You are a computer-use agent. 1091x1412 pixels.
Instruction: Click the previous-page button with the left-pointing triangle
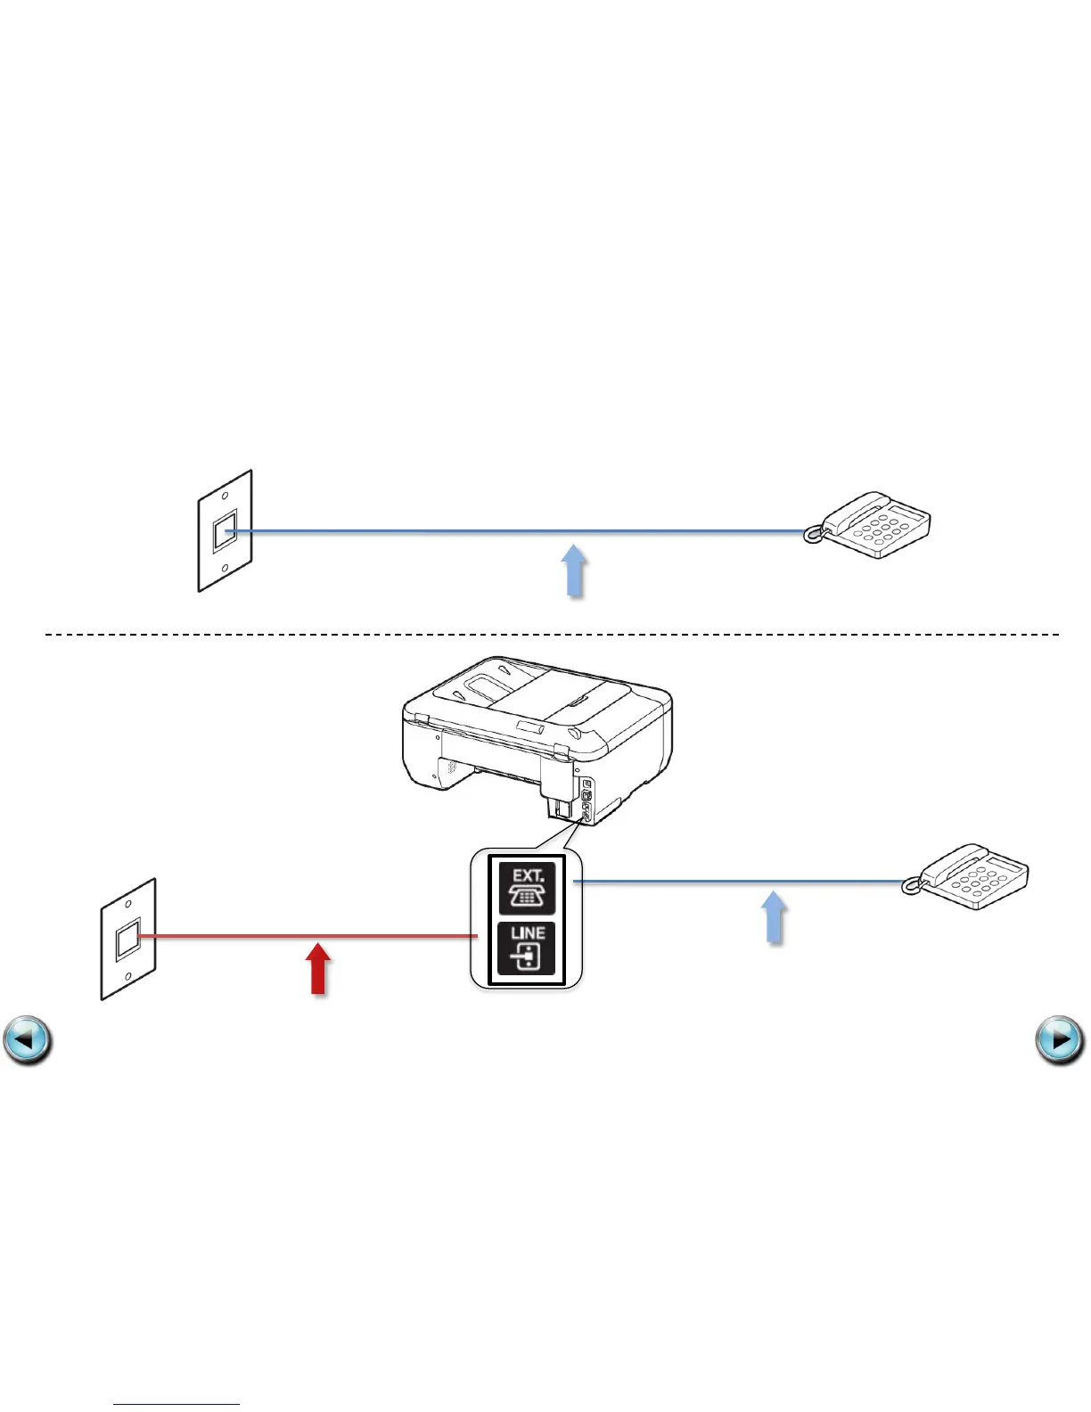[28, 1040]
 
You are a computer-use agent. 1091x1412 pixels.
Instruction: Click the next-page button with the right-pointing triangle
[1061, 1040]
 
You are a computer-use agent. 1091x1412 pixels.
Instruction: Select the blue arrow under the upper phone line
[576, 571]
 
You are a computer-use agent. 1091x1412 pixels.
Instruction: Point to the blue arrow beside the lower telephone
[775, 918]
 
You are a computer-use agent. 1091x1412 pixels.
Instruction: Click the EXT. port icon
[527, 888]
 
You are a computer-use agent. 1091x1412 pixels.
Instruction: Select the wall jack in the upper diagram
[226, 531]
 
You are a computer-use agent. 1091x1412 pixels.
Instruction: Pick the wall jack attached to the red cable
[128, 939]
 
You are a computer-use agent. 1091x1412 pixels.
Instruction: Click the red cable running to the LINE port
[303, 936]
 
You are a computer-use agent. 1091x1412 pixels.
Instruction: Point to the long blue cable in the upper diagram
[517, 531]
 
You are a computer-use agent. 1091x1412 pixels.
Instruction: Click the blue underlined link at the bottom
[176, 1405]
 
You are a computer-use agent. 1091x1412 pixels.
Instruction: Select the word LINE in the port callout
[528, 933]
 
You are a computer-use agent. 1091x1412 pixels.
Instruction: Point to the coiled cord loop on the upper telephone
[812, 535]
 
